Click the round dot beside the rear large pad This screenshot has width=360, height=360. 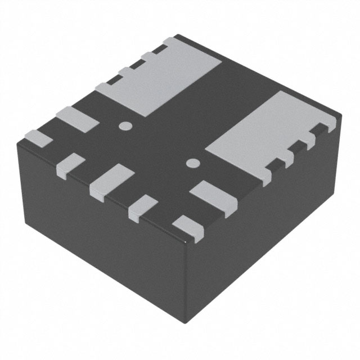[125, 125]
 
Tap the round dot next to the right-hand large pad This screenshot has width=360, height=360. [193, 164]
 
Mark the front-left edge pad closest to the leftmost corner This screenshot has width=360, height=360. [71, 164]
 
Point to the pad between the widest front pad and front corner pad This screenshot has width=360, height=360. [143, 206]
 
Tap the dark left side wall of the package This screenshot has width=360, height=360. [96, 236]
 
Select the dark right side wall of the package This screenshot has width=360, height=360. [270, 225]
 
